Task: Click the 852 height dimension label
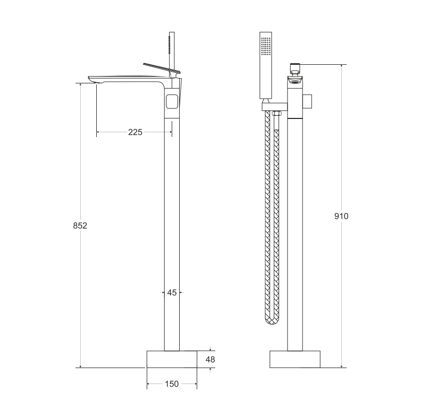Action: pos(80,226)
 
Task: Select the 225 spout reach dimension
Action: pos(135,132)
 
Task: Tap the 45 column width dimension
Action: pos(172,293)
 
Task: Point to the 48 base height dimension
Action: pos(210,359)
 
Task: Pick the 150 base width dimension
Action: pos(172,384)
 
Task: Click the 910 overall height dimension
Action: pos(341,216)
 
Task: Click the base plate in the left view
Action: pos(172,359)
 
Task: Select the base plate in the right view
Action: pos(295,359)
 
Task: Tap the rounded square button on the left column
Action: pos(172,101)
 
